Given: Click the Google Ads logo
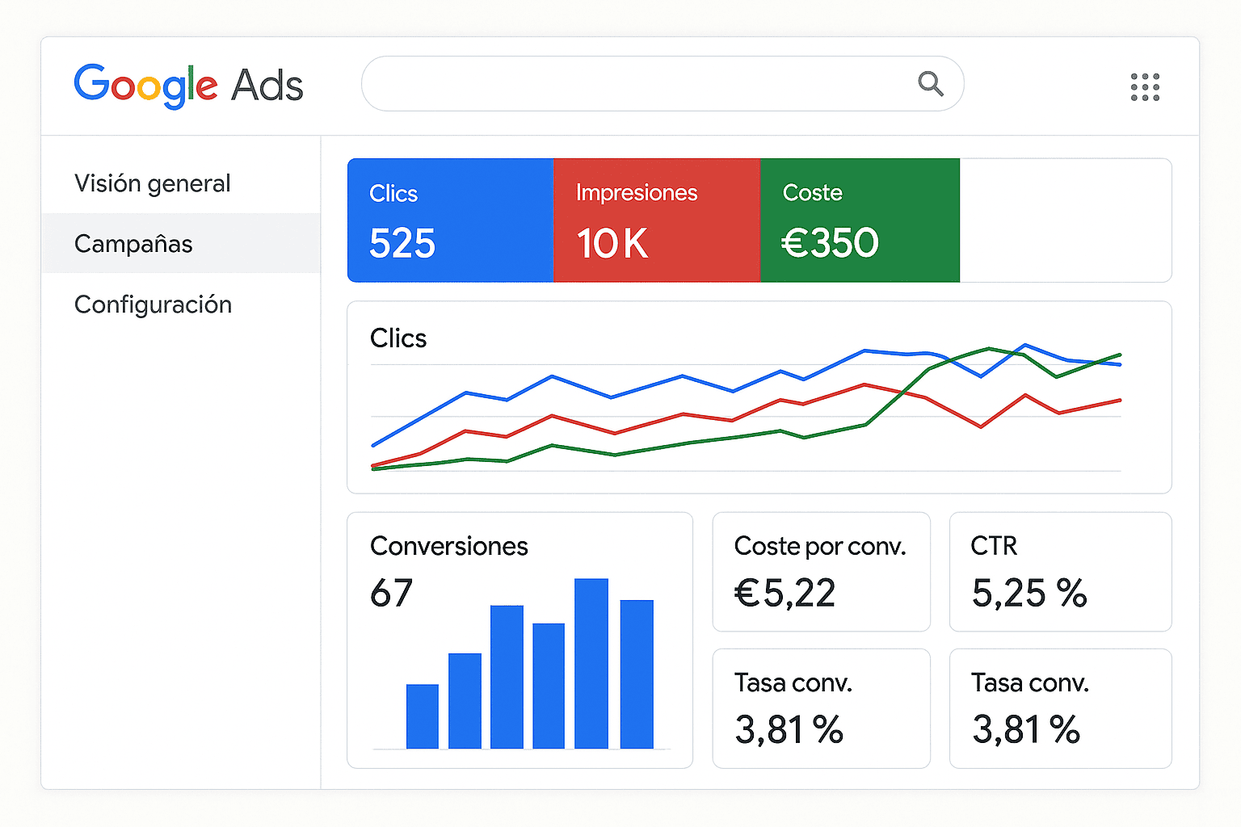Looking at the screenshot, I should (188, 85).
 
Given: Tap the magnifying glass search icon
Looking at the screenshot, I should (931, 83).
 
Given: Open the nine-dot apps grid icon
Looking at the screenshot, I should (1145, 86).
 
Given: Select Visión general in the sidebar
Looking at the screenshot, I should (153, 183).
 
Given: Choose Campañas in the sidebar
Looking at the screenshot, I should (133, 244).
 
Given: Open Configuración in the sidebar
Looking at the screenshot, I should (153, 304).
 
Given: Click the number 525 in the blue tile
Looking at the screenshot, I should (402, 243).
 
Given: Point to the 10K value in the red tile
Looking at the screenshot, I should (612, 243).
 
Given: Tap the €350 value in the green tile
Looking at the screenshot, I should (830, 242).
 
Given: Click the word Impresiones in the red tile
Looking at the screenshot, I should (637, 193).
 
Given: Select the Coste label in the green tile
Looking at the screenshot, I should (813, 193).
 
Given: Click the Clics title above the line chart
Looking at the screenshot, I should (398, 338).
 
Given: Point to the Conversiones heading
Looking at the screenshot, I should (449, 547).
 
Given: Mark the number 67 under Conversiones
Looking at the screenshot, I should (392, 594).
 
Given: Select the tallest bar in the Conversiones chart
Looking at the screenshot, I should (591, 663).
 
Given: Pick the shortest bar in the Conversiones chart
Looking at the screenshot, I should (423, 716).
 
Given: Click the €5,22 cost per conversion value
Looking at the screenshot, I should (785, 594).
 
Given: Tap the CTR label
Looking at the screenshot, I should (994, 547).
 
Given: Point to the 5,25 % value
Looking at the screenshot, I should (1029, 594).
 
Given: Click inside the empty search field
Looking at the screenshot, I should (630, 84).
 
